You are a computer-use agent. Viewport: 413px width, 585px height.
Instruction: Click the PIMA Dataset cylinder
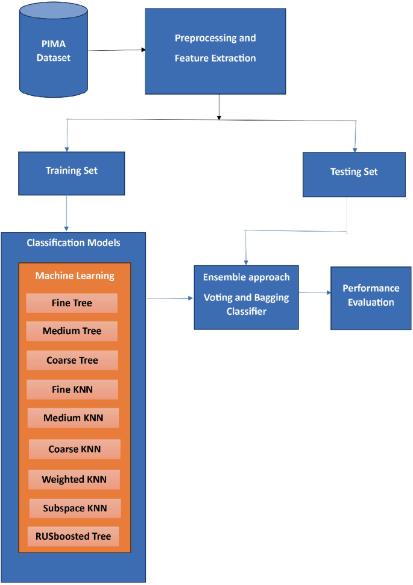point(52,51)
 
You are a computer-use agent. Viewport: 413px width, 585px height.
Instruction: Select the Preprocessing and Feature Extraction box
point(215,51)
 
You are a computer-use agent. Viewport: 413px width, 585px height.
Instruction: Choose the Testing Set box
point(354,174)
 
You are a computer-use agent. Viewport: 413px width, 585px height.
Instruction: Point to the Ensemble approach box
point(246,297)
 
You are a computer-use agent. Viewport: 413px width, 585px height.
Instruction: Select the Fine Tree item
point(72,303)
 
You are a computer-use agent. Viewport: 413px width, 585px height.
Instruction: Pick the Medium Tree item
point(72,331)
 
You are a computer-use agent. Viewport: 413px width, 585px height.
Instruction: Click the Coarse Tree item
point(72,360)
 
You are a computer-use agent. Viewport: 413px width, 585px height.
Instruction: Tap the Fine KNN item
point(72,390)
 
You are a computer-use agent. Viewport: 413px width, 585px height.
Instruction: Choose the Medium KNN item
point(73,417)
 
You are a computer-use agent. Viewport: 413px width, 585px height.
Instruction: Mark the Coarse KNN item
point(74,449)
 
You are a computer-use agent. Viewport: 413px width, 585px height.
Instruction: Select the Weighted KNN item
point(74,479)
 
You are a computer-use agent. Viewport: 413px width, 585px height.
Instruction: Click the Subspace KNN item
point(74,508)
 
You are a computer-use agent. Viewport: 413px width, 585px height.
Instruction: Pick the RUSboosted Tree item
point(72,536)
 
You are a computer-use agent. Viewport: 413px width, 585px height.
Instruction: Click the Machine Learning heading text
point(74,276)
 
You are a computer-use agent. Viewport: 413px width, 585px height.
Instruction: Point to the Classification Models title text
point(74,243)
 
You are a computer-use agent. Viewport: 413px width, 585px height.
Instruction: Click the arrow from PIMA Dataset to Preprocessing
point(115,50)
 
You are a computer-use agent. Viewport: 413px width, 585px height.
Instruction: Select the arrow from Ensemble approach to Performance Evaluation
point(314,292)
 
